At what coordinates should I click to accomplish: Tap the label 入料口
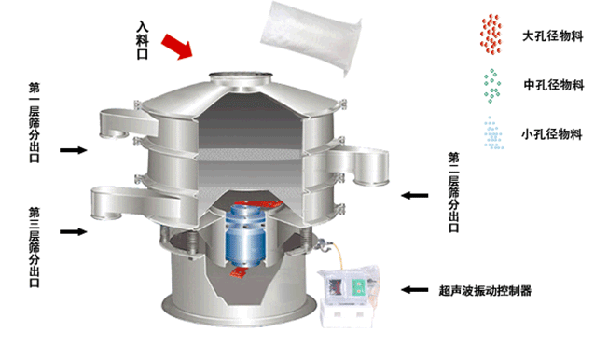[143, 40]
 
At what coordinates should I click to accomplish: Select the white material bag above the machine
[311, 36]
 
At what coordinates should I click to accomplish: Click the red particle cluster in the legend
[491, 35]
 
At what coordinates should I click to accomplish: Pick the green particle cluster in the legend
[492, 86]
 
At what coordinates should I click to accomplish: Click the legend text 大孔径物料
[553, 36]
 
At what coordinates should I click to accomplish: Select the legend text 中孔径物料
[554, 85]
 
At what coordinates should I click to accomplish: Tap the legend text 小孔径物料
[552, 134]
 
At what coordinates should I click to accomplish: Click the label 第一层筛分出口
[35, 122]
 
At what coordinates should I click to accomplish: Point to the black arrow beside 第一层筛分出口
[74, 150]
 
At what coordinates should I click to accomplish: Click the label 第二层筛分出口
[454, 192]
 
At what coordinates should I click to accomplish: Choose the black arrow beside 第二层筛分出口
[415, 195]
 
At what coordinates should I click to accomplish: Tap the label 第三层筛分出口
[35, 247]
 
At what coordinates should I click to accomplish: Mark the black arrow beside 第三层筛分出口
[74, 231]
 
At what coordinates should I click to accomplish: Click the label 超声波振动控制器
[485, 291]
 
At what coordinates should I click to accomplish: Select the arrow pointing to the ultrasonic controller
[415, 289]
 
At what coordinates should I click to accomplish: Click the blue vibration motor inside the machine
[245, 235]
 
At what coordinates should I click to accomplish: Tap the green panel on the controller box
[359, 287]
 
